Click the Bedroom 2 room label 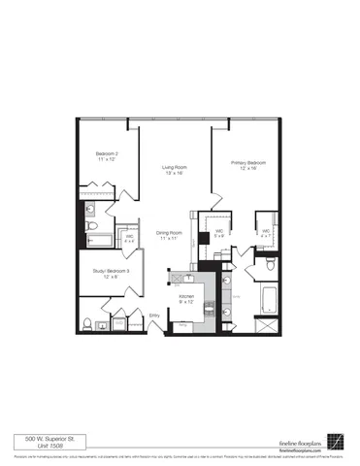point(107,154)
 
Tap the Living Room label point(174,168)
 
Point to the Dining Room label point(170,232)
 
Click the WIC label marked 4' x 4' point(129,237)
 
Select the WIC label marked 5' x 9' point(219,231)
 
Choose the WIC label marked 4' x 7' point(266,231)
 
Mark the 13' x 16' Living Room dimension point(174,174)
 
